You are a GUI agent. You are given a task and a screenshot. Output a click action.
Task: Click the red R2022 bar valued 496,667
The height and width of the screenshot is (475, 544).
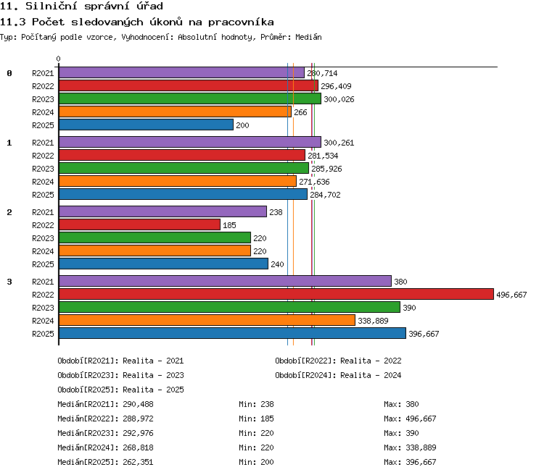click(x=276, y=294)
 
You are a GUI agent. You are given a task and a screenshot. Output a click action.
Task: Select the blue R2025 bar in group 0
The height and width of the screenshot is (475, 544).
click(x=146, y=125)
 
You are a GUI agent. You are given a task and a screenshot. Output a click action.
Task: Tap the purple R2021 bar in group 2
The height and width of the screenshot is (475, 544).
click(x=162, y=211)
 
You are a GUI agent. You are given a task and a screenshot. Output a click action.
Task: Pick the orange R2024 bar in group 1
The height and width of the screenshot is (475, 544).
click(x=178, y=181)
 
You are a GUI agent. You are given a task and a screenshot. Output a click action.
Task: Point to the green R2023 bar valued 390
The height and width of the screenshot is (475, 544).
click(x=229, y=307)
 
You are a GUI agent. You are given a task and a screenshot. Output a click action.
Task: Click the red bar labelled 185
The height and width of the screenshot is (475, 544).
click(x=139, y=224)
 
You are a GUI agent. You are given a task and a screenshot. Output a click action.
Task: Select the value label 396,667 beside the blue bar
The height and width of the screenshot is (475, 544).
click(x=424, y=334)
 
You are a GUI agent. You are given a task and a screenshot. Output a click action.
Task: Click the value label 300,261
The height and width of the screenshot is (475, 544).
click(x=339, y=143)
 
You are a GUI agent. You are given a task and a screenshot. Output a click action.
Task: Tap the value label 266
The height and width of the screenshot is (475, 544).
click(x=300, y=112)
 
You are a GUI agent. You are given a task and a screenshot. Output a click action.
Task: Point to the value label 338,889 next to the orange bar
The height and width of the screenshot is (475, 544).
click(x=373, y=321)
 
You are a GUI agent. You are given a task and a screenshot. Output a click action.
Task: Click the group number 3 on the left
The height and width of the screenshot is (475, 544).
click(x=9, y=282)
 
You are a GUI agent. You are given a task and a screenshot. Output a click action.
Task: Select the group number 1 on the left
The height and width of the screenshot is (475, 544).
click(x=9, y=143)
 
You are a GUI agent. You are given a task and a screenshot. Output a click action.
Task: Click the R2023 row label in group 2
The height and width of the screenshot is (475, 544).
click(x=43, y=238)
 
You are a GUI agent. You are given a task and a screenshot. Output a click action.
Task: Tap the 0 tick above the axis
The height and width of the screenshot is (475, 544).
click(x=58, y=59)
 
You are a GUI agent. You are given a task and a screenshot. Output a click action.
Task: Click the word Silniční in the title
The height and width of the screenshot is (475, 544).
click(x=51, y=6)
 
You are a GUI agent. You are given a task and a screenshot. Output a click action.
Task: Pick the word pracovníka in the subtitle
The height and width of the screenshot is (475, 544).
click(x=241, y=22)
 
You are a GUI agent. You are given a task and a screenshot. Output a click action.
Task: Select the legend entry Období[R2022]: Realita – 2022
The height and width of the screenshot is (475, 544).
click(x=338, y=361)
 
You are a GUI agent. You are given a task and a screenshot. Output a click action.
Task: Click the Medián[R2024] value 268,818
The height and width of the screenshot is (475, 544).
click(x=138, y=447)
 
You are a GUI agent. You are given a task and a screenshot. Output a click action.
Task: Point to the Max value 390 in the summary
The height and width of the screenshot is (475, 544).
click(x=412, y=433)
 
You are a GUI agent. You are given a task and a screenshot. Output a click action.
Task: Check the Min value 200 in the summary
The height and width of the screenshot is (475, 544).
click(x=267, y=462)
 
